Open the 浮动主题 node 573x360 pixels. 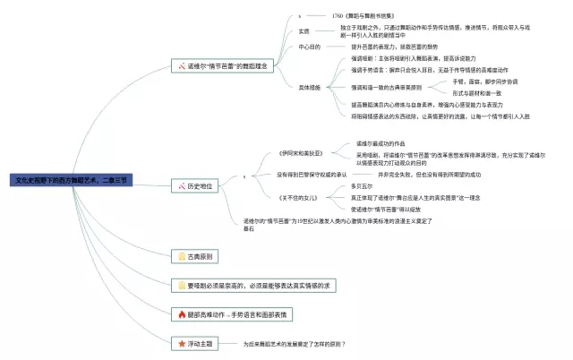click(200, 343)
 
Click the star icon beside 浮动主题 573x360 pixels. click(181, 343)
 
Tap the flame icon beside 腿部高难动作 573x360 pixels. click(181, 314)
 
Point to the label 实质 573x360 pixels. click(304, 31)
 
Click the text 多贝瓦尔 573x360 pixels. click(363, 186)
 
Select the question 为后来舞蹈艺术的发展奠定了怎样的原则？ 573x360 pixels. click(295, 344)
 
